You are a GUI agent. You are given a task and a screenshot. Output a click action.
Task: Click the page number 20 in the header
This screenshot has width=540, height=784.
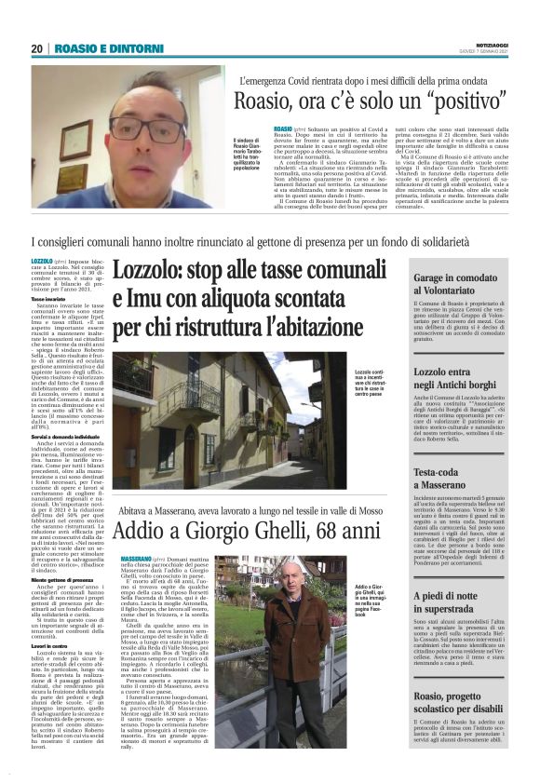[36, 48]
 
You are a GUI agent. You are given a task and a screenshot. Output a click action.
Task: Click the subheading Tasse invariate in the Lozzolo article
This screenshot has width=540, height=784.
[51, 300]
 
